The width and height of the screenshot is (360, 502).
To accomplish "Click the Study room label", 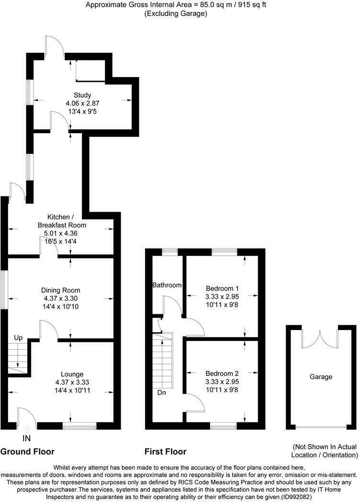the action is (x=82, y=95).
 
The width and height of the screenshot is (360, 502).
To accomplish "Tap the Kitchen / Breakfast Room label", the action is (x=62, y=221).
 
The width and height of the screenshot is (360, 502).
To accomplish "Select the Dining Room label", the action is (x=60, y=290).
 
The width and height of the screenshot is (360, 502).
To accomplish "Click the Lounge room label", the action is (x=72, y=374).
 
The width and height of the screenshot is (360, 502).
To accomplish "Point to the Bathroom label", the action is (x=167, y=285).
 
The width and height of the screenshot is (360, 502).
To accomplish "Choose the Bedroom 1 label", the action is (x=222, y=288).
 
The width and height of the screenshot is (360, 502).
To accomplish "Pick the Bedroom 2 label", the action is (x=222, y=373).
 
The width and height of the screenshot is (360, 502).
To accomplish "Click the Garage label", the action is (x=321, y=377).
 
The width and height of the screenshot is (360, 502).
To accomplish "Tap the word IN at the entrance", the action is (x=26, y=438).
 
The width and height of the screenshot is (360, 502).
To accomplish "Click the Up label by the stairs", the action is (x=18, y=338).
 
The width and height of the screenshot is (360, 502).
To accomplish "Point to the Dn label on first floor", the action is (x=162, y=392).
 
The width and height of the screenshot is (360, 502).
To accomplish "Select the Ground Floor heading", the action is (x=27, y=452).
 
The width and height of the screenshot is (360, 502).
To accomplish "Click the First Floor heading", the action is (x=166, y=452).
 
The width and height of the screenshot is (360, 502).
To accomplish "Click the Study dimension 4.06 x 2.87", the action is (x=82, y=103).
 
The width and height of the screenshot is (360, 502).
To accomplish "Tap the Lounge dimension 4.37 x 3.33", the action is (x=72, y=382).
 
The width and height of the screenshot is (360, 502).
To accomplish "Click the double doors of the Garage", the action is (x=320, y=339).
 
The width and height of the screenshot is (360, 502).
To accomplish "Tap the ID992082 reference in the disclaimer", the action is (x=296, y=497).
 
